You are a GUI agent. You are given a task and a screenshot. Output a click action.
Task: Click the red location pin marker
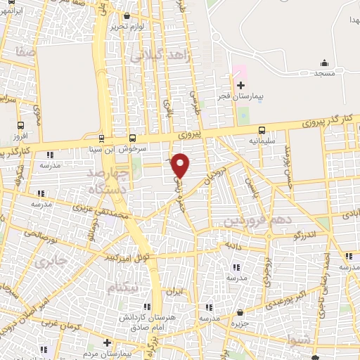point(181,165)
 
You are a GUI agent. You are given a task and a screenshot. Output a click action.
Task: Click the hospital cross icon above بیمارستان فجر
point(240,86)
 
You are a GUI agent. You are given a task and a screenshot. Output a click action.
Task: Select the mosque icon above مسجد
point(323,63)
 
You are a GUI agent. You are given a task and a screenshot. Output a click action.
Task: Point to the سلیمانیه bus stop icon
point(262,130)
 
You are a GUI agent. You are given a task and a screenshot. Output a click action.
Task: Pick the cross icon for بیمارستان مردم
point(106,342)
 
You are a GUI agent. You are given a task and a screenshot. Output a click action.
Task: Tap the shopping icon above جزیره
point(240,312)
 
